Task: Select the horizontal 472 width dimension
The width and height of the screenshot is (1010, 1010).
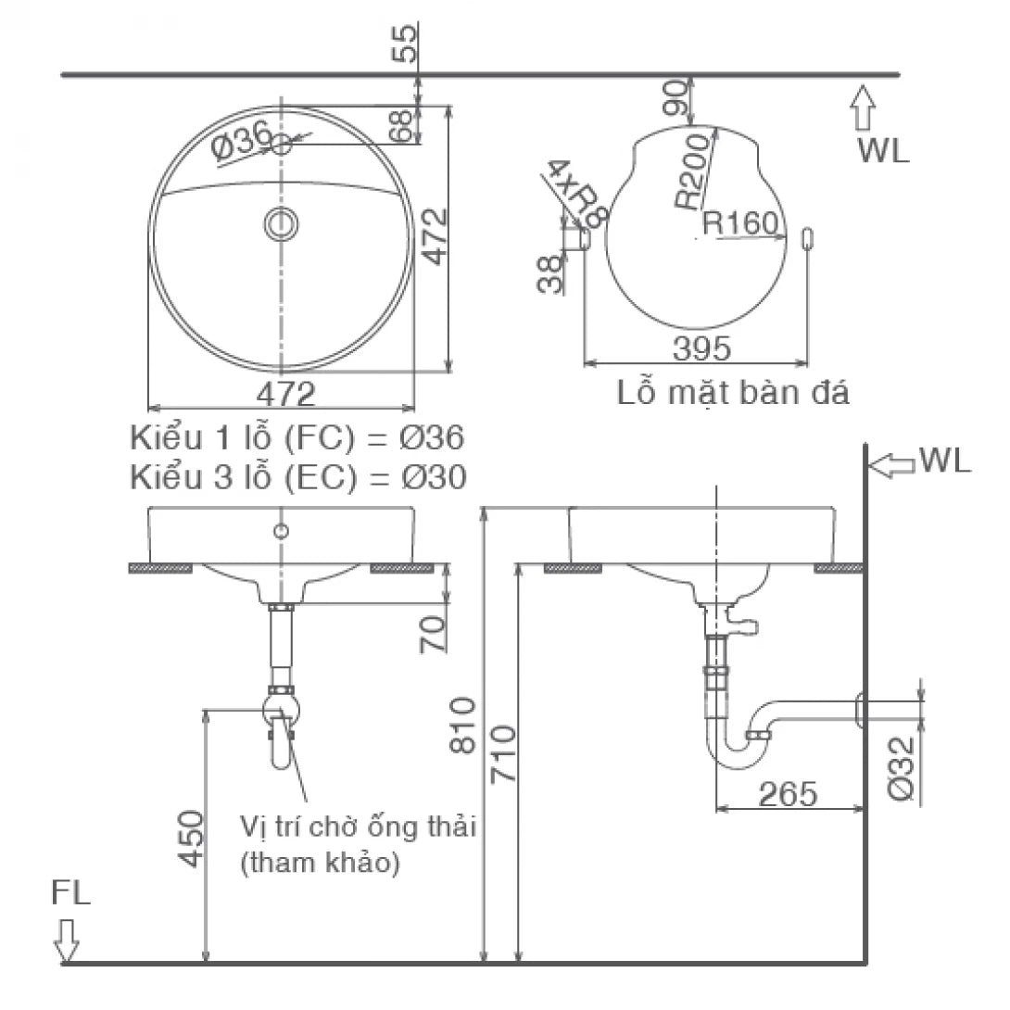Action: (285, 394)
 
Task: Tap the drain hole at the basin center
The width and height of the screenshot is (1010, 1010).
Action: (281, 223)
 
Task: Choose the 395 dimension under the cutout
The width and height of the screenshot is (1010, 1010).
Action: (701, 349)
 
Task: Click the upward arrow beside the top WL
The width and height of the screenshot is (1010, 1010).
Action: (864, 107)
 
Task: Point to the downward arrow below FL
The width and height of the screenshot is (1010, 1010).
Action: (67, 940)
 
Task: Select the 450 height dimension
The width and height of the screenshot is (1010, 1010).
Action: (191, 838)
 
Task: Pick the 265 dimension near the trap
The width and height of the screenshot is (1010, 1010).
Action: (788, 793)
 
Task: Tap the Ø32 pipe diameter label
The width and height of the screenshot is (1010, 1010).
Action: (904, 767)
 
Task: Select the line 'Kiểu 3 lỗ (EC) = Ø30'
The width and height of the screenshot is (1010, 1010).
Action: (298, 476)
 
